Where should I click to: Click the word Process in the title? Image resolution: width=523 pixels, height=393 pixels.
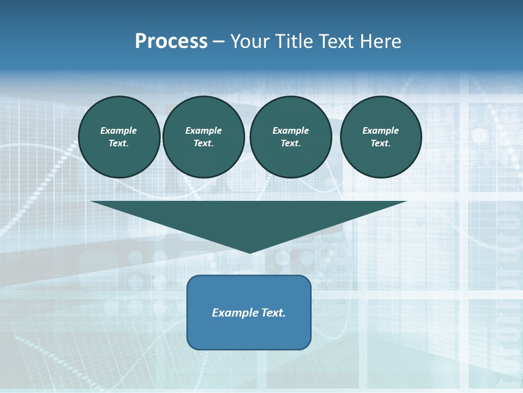(x=171, y=41)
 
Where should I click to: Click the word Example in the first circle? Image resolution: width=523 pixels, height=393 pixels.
(x=119, y=130)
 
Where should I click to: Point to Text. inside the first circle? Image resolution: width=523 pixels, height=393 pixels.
(x=119, y=144)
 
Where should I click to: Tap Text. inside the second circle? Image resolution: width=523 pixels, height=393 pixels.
(x=203, y=144)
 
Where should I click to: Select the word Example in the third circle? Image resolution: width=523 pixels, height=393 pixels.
(x=290, y=130)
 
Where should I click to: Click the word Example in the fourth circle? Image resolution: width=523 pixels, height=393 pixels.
(x=381, y=130)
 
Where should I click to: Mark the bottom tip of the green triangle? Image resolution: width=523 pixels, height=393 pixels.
(x=250, y=252)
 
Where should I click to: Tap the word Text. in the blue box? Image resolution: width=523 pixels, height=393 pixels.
(x=273, y=313)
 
